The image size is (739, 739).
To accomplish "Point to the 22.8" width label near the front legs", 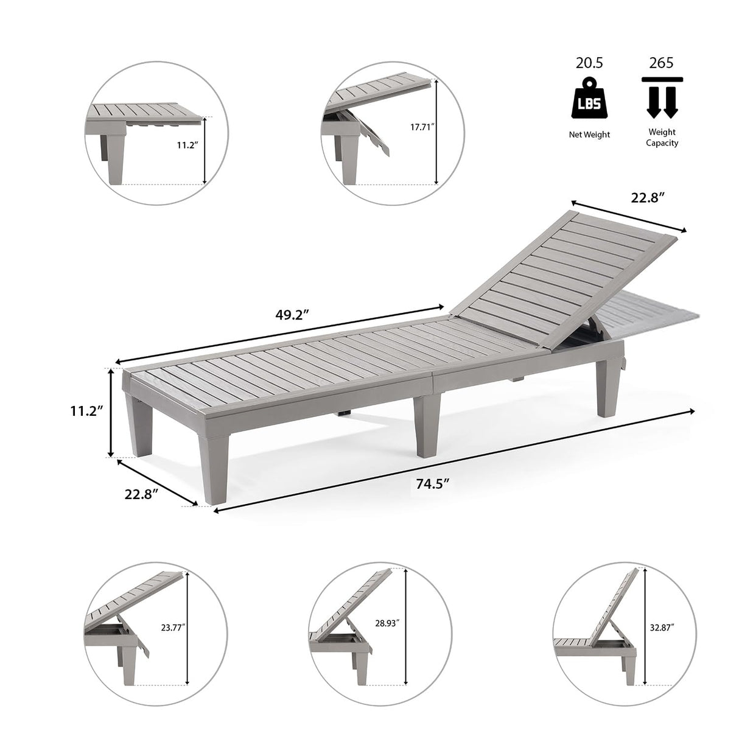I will [142, 494].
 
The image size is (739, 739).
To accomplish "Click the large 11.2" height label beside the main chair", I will [85, 411].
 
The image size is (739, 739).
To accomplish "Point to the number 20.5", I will [589, 63].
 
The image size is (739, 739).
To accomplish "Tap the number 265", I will [661, 63].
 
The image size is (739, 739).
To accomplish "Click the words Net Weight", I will [589, 135].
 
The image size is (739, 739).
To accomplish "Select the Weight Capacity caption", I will [662, 137].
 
